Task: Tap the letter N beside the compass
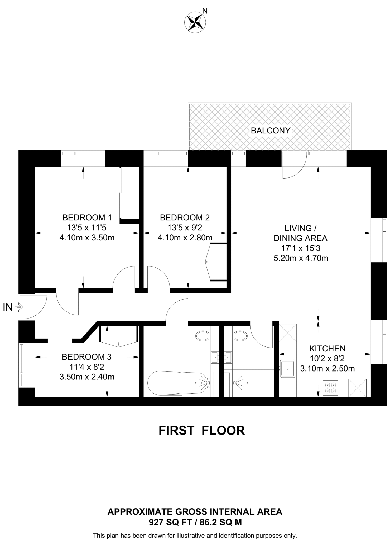(205, 11)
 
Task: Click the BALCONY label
(270, 131)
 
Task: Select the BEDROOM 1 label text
(87, 218)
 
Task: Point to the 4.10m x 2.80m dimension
(185, 238)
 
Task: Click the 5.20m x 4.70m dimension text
(301, 258)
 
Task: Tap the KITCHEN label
(327, 349)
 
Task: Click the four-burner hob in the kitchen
(331, 388)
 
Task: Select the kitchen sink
(287, 368)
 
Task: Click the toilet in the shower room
(240, 336)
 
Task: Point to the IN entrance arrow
(19, 307)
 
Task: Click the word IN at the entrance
(8, 307)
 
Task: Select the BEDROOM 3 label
(86, 357)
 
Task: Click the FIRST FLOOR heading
(202, 431)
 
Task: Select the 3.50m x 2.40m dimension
(87, 377)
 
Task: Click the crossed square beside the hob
(357, 388)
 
